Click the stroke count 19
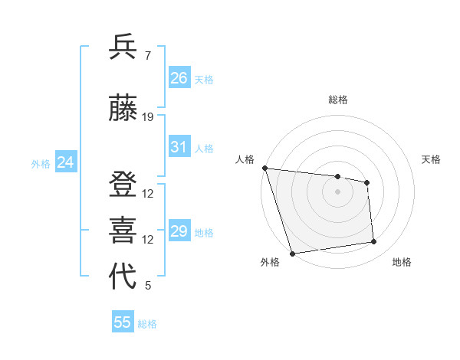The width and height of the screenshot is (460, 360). pyautogui.click(x=148, y=117)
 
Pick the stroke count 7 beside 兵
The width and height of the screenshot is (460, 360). pyautogui.click(x=147, y=55)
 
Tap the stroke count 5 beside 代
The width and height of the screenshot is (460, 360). pyautogui.click(x=148, y=286)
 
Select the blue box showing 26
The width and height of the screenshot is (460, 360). pyautogui.click(x=179, y=77)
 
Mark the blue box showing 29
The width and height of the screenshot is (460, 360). pyautogui.click(x=179, y=231)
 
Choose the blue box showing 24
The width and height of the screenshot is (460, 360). pyautogui.click(x=65, y=162)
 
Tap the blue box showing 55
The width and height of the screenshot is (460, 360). pyautogui.click(x=123, y=322)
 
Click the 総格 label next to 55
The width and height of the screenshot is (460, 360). pyautogui.click(x=147, y=324)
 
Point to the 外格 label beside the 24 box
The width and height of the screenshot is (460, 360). pyautogui.click(x=41, y=163)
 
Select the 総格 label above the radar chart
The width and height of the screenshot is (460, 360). pyautogui.click(x=338, y=100)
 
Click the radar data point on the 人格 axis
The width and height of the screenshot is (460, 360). pyautogui.click(x=264, y=168)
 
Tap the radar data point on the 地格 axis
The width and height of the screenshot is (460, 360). pyautogui.click(x=374, y=242)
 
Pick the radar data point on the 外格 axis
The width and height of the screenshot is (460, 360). pyautogui.click(x=291, y=253)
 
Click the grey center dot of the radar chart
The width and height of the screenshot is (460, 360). pyautogui.click(x=338, y=191)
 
